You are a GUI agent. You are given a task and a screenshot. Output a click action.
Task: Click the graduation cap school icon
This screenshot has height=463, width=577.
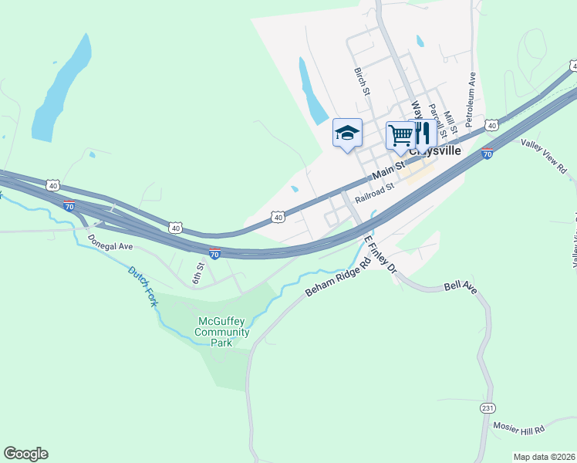coord(347,133)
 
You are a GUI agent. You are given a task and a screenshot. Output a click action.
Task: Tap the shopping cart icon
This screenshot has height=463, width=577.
coord(400,135)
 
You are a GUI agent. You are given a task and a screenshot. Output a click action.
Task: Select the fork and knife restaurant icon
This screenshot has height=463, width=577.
coord(421,133)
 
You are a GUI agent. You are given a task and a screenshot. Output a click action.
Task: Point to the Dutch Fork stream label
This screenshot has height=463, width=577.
coord(143,286)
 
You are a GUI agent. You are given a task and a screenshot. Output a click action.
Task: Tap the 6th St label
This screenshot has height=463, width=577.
coord(199,272)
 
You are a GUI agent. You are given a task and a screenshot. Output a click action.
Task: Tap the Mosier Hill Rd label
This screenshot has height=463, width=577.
coord(518,428)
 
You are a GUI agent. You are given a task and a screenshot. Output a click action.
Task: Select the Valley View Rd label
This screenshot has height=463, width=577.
coord(543,154)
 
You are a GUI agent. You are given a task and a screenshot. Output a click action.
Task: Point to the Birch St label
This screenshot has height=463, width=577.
coord(363,81)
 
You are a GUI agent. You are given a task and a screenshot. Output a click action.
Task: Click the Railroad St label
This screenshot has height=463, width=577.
coord(375,192)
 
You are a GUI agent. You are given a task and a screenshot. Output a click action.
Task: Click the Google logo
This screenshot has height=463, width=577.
coord(25,454)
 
